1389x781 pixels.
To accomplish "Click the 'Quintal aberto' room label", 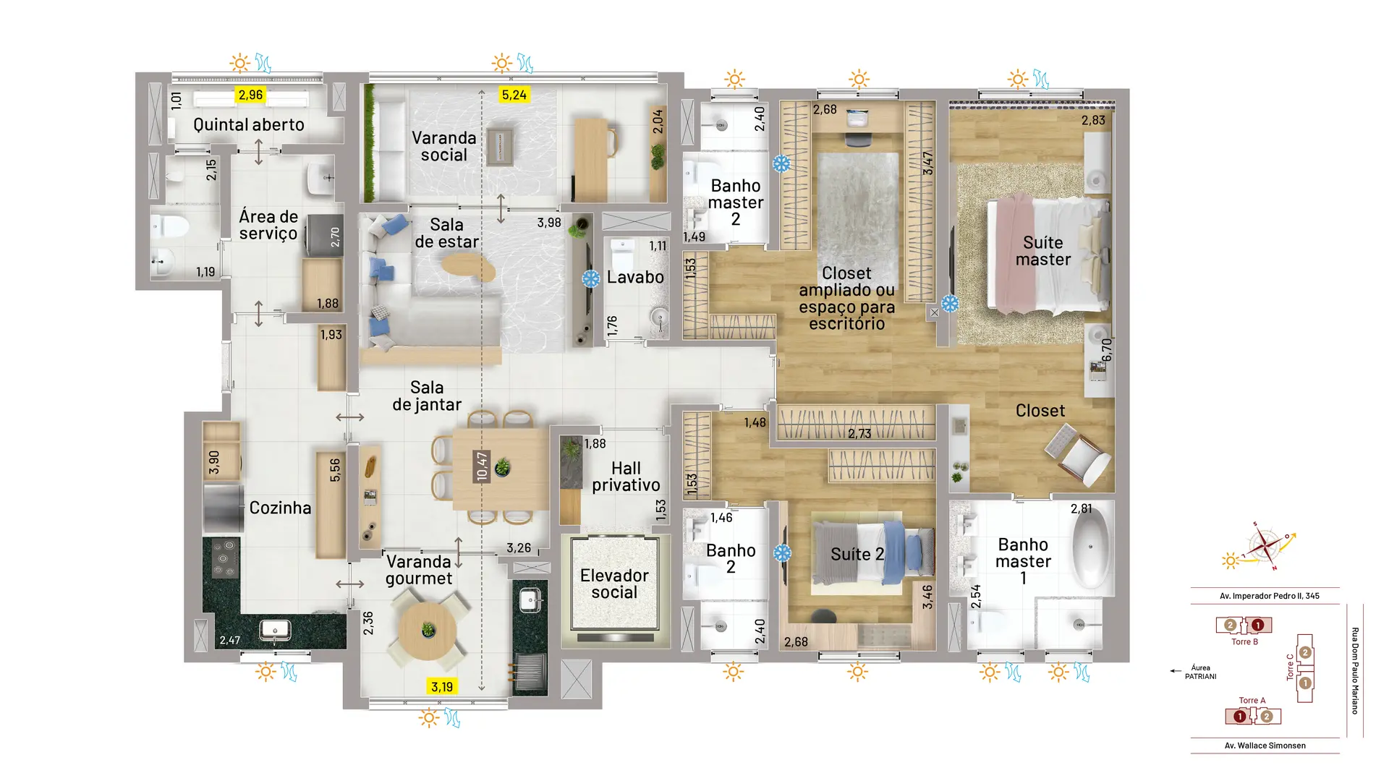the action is click(248, 124).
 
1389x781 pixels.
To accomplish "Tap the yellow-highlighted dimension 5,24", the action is click(514, 95).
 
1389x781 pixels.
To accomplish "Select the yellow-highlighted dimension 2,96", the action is click(250, 95).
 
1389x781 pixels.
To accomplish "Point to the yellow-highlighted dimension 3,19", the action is click(442, 686).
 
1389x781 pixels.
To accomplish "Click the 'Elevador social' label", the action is click(614, 584).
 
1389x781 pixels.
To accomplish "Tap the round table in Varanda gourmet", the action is click(428, 631).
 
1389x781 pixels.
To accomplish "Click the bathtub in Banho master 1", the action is click(1091, 547).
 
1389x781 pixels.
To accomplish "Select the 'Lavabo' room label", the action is click(635, 277).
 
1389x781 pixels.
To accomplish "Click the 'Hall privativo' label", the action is click(626, 477).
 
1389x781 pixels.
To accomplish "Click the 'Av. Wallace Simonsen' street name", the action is click(1265, 746).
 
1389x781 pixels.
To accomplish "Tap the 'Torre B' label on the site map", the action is click(1244, 641).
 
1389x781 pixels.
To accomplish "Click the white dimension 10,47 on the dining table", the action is click(482, 466).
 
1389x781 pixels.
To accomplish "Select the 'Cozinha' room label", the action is click(280, 508).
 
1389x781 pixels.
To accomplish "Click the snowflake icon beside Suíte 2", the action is click(782, 553).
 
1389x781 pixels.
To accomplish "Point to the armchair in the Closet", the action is click(1078, 454).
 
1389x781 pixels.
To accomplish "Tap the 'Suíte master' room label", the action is click(1042, 251).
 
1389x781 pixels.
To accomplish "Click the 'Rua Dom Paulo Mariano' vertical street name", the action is click(1355, 670).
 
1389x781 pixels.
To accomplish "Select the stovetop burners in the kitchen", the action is click(226, 558).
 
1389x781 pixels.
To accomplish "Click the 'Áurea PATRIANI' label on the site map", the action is click(1200, 672).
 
